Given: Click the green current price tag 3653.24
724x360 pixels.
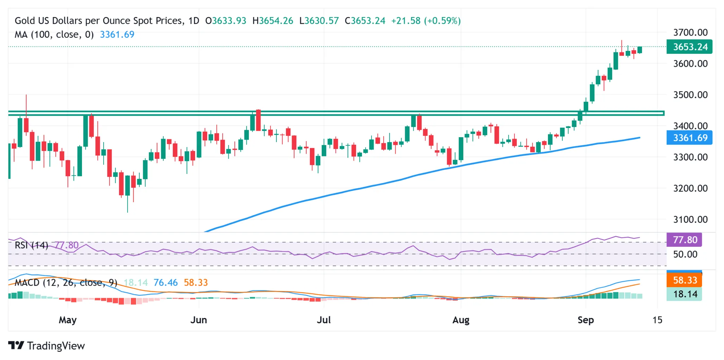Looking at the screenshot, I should [689, 47].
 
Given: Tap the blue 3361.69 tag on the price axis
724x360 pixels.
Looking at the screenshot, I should [689, 138].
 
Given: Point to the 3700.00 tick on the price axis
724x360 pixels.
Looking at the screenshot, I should [690, 33].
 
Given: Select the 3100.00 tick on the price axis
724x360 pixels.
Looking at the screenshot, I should [690, 219].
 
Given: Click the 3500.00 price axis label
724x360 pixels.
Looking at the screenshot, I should [690, 95].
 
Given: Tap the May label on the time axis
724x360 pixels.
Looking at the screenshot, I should [68, 320].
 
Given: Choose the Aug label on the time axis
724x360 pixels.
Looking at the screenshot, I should [461, 320].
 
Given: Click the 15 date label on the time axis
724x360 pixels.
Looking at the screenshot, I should [657, 320].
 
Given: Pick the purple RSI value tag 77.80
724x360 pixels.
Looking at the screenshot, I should [684, 240].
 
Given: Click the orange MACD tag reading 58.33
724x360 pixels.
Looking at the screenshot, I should [684, 280].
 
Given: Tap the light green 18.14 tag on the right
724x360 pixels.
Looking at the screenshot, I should [684, 294].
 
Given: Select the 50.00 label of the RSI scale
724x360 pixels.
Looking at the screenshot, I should [685, 254].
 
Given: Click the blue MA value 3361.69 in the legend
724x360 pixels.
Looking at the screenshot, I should [117, 35].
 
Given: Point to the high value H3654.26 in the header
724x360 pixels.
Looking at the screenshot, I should [273, 21].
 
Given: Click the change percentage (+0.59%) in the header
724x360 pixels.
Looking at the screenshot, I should [444, 21].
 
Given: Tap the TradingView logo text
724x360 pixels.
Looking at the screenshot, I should [56, 346].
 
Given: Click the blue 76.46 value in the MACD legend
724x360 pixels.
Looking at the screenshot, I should [165, 283].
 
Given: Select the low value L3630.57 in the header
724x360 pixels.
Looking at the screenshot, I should [319, 21].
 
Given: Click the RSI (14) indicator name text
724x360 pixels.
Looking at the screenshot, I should [31, 245].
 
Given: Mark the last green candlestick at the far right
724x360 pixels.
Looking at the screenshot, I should [640, 50].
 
